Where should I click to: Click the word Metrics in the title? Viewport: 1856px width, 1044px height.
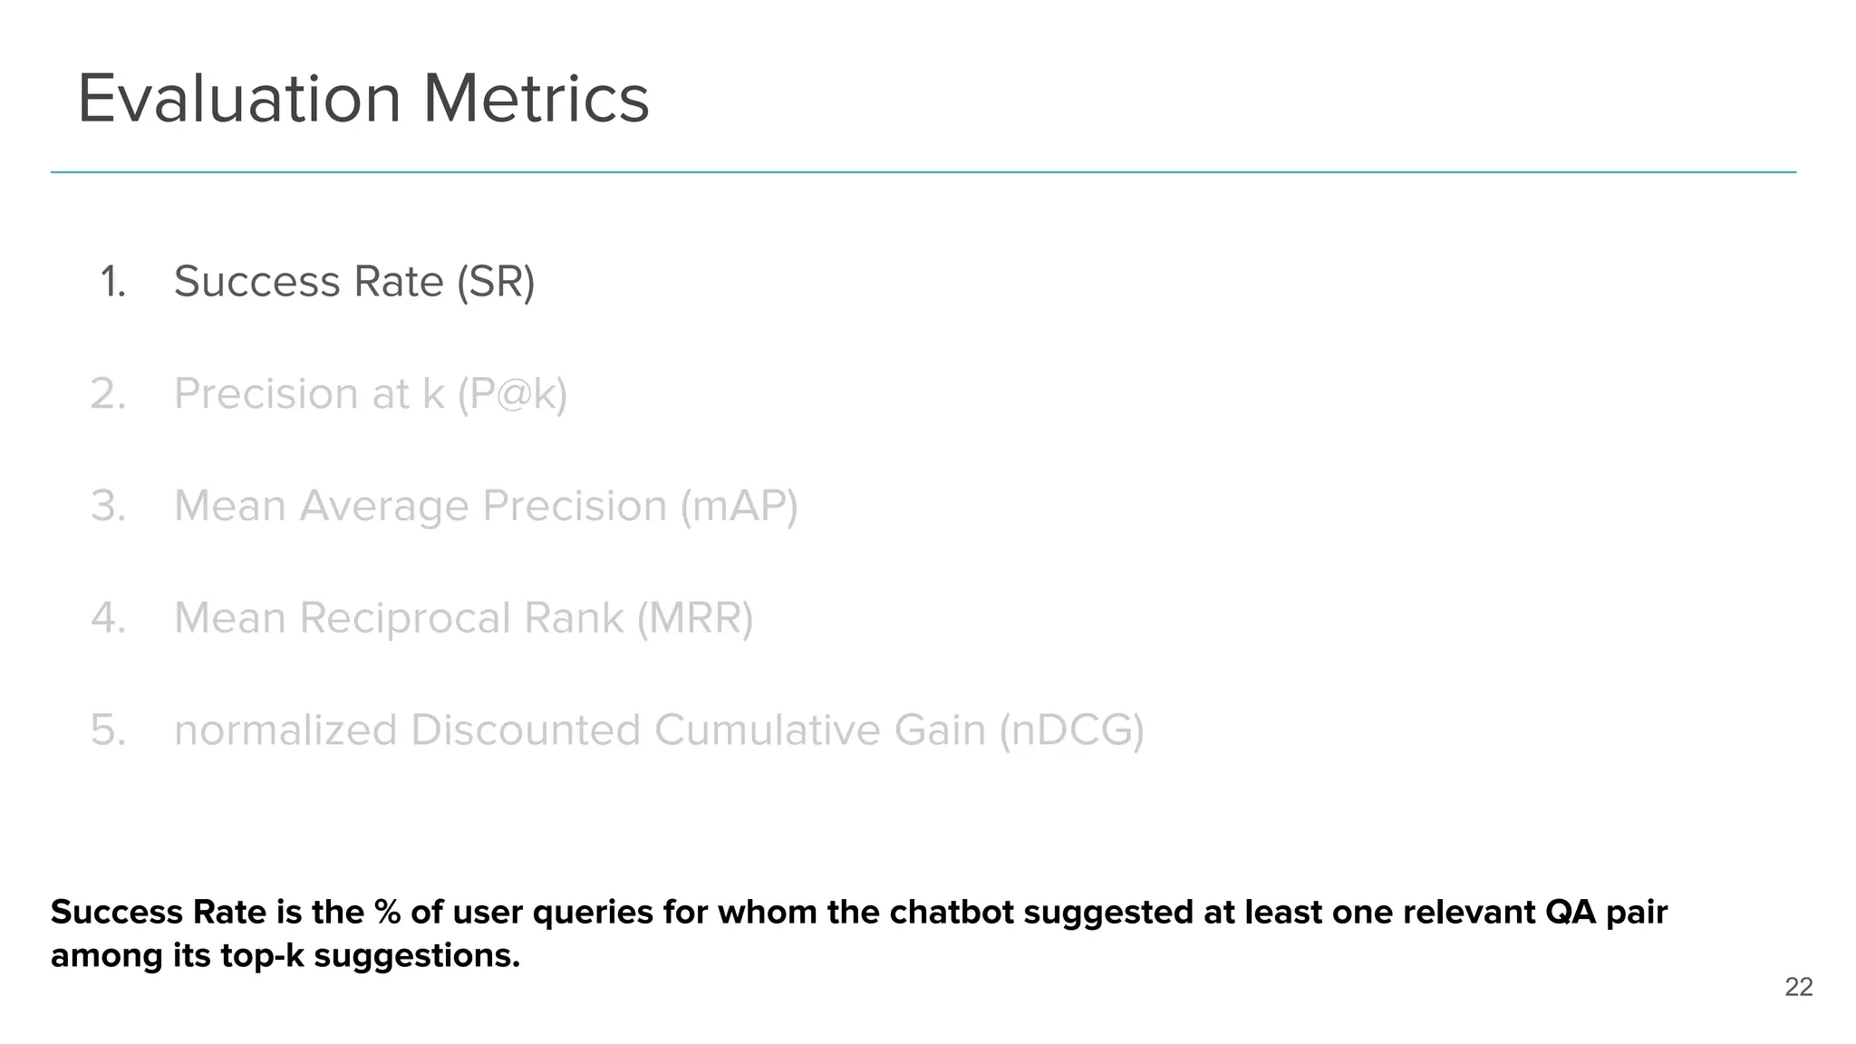(x=536, y=99)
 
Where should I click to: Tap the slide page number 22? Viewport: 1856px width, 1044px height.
(x=1798, y=987)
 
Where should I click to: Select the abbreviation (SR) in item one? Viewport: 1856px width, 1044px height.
(x=496, y=282)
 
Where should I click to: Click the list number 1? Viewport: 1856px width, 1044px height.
(x=112, y=282)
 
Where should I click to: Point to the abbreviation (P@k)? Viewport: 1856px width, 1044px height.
(x=512, y=394)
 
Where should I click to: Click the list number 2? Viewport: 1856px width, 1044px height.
(x=109, y=394)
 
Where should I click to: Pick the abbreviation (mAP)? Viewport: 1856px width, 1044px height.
(x=739, y=506)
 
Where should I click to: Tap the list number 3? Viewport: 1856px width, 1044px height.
(x=109, y=506)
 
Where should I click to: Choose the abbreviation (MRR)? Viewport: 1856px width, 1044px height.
(x=694, y=618)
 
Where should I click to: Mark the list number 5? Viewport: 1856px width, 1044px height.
(x=109, y=730)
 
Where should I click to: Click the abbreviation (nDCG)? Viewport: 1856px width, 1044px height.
(x=1071, y=730)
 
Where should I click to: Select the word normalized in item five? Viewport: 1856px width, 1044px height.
(x=285, y=730)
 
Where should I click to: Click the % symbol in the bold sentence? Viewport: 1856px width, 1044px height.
(x=387, y=913)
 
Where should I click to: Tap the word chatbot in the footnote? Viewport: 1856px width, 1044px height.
(x=952, y=913)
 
